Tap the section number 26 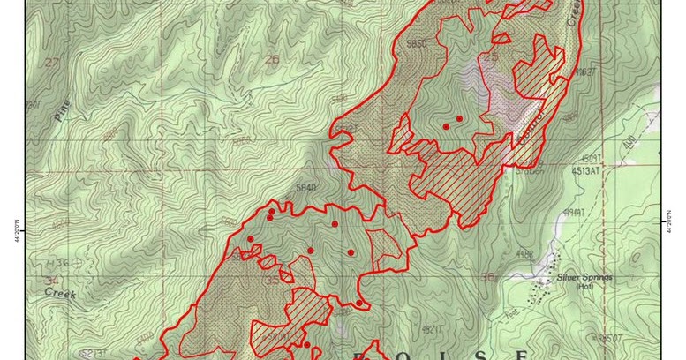point(271,60)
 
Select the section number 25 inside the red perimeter point(491,57)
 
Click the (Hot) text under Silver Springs point(584,286)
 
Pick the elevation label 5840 point(306,187)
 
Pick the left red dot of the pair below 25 point(446,127)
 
